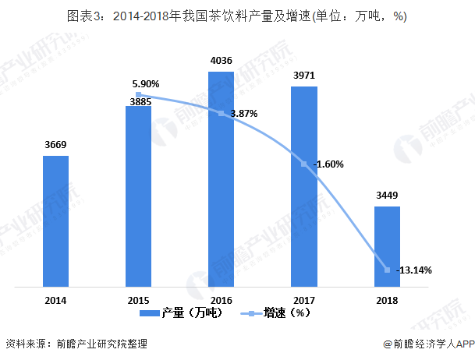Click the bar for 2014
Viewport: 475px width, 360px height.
coord(55,221)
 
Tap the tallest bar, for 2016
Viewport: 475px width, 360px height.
coord(221,179)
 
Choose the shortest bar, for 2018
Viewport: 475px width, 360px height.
coord(387,246)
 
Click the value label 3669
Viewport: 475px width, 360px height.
coord(55,144)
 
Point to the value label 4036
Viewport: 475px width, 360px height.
coord(221,60)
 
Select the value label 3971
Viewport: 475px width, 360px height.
coord(303,75)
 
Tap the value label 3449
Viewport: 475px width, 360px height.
coord(387,195)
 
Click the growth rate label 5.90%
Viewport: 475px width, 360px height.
coord(145,83)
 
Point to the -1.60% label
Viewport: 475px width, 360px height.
coord(328,164)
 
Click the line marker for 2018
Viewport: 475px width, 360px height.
coord(387,270)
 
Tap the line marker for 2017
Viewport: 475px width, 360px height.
coord(303,164)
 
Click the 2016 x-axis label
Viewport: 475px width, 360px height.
coord(221,300)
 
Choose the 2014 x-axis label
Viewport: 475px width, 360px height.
coord(55,300)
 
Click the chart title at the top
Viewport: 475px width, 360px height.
coord(237,15)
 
